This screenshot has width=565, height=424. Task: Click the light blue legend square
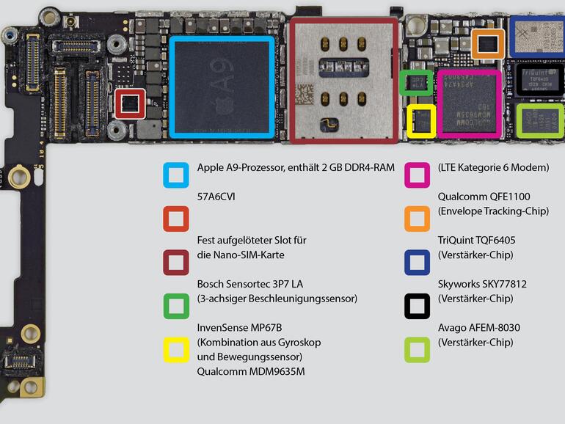[x=176, y=175]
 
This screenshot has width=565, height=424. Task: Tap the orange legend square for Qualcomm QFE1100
[x=417, y=219]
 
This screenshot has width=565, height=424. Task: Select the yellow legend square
[x=176, y=349]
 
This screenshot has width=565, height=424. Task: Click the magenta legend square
[x=417, y=175]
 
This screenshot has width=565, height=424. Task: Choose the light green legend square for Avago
[x=417, y=349]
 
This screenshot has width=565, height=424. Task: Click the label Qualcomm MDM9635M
[x=251, y=371]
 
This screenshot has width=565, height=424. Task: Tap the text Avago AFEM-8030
[x=479, y=328]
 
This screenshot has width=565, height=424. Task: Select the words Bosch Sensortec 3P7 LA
[x=249, y=284]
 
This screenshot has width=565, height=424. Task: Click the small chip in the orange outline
[x=487, y=44]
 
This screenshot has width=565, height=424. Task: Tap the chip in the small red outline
[x=131, y=103]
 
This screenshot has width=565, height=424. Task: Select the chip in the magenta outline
[x=469, y=103]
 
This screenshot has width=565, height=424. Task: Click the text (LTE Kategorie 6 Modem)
[x=493, y=167]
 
